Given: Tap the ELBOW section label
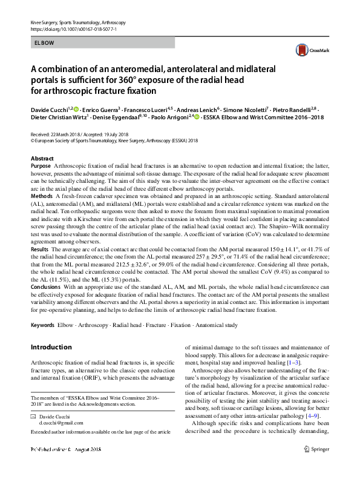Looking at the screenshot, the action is [44, 43].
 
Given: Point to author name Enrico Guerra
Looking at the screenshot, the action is [100, 109].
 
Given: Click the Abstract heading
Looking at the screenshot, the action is [42, 158].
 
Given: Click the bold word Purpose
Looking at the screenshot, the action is [41, 165].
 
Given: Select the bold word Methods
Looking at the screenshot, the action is [41, 197].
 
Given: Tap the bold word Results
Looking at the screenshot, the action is [39, 249].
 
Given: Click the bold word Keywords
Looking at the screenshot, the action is [43, 325].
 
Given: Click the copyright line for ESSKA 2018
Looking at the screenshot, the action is [114, 140].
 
